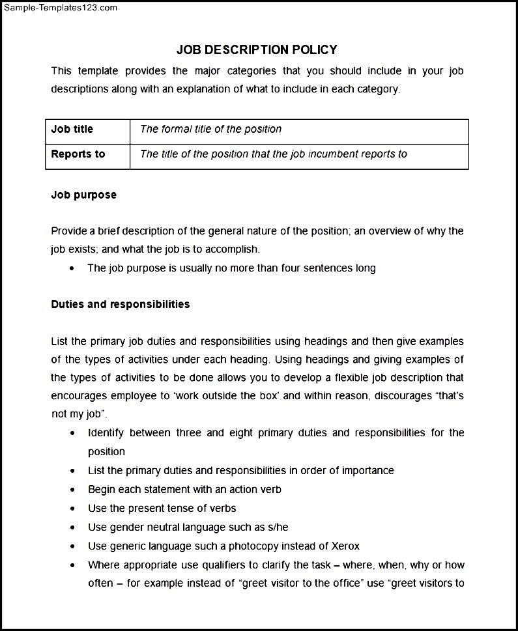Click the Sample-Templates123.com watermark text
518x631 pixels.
tap(59, 8)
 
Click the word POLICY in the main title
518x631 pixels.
tap(311, 49)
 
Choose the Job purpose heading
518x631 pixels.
tap(84, 195)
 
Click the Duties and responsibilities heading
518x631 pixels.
tap(121, 304)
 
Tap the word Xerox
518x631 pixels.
tap(345, 546)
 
